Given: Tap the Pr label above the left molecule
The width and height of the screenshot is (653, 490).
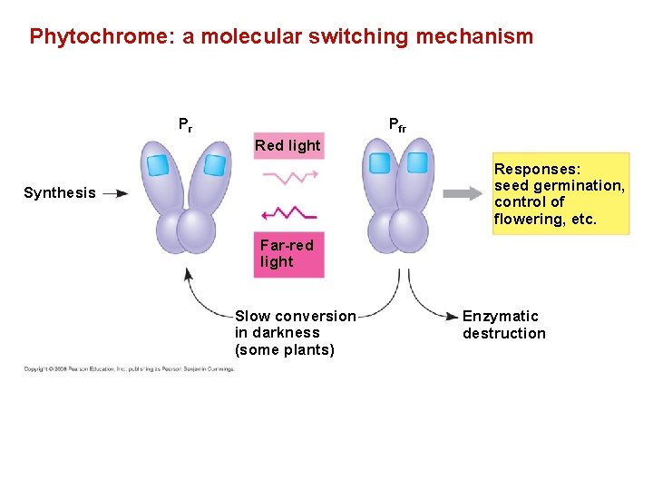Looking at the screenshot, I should click(x=184, y=124).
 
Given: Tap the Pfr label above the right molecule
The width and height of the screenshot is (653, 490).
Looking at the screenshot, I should click(x=397, y=124).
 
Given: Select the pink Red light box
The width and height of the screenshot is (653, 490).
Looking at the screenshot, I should click(x=288, y=145).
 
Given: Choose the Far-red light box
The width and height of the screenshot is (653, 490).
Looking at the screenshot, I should click(x=288, y=254).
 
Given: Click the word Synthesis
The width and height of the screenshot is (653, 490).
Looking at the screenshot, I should click(x=60, y=192).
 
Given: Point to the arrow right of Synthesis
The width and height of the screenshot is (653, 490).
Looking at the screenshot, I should click(x=115, y=192).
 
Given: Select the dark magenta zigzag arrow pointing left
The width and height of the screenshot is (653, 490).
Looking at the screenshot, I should click(x=288, y=213).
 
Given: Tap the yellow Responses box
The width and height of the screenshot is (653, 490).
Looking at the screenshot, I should click(x=560, y=194).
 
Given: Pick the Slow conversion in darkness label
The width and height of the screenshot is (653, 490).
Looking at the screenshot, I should click(x=296, y=333).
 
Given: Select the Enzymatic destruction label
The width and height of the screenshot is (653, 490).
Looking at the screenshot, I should click(x=504, y=325).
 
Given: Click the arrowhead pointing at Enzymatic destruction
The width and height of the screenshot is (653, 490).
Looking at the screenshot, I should click(x=453, y=316).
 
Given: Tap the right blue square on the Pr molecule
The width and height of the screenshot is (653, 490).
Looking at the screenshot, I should click(x=214, y=164).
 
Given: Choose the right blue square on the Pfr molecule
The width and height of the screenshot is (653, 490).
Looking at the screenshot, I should click(x=417, y=162).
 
